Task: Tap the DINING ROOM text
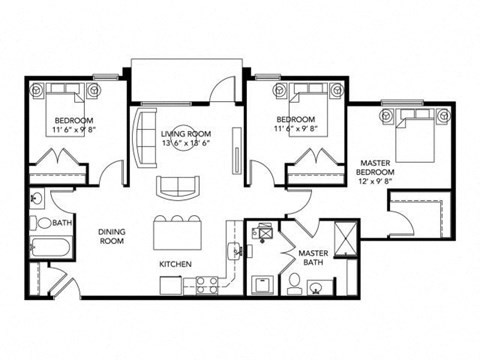(112, 236)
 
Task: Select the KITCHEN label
(175, 264)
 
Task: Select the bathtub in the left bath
(48, 250)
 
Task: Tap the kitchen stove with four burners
(208, 284)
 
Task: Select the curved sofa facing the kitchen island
(176, 187)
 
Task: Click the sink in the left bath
(35, 197)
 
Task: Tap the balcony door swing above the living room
(221, 96)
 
